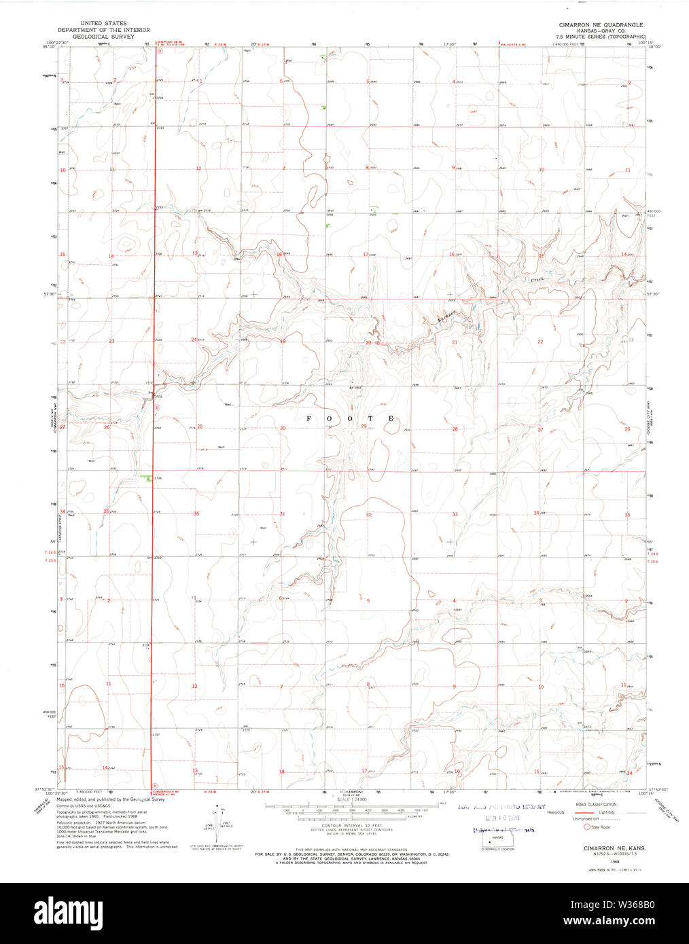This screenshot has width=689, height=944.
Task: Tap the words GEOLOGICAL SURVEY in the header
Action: [95, 36]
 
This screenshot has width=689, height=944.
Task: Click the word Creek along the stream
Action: [537, 278]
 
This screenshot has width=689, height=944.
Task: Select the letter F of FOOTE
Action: [308, 418]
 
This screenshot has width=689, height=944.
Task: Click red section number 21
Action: [455, 342]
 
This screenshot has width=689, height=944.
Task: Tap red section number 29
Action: [364, 426]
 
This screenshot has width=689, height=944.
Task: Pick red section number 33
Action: [455, 514]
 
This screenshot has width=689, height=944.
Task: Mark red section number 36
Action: [196, 513]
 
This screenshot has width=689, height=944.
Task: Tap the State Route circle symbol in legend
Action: [587, 827]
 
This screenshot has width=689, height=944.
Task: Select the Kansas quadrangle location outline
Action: [497, 841]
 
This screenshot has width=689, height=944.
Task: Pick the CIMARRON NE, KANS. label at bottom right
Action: [605, 848]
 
